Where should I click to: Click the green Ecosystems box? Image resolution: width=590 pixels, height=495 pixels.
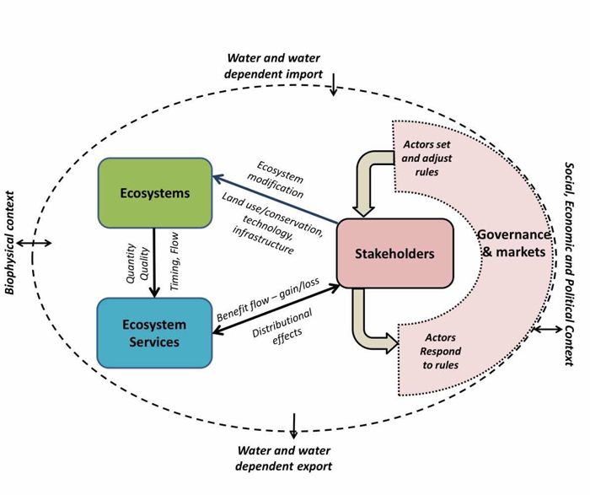click(154, 193)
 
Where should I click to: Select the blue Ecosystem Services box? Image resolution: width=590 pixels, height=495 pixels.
click(154, 332)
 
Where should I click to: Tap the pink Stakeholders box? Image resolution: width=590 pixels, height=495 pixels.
click(394, 254)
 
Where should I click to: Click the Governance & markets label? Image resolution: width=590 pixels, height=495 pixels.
click(513, 242)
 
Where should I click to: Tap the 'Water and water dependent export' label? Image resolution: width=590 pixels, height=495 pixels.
click(284, 458)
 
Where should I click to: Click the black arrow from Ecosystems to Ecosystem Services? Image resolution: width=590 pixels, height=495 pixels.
click(154, 262)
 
